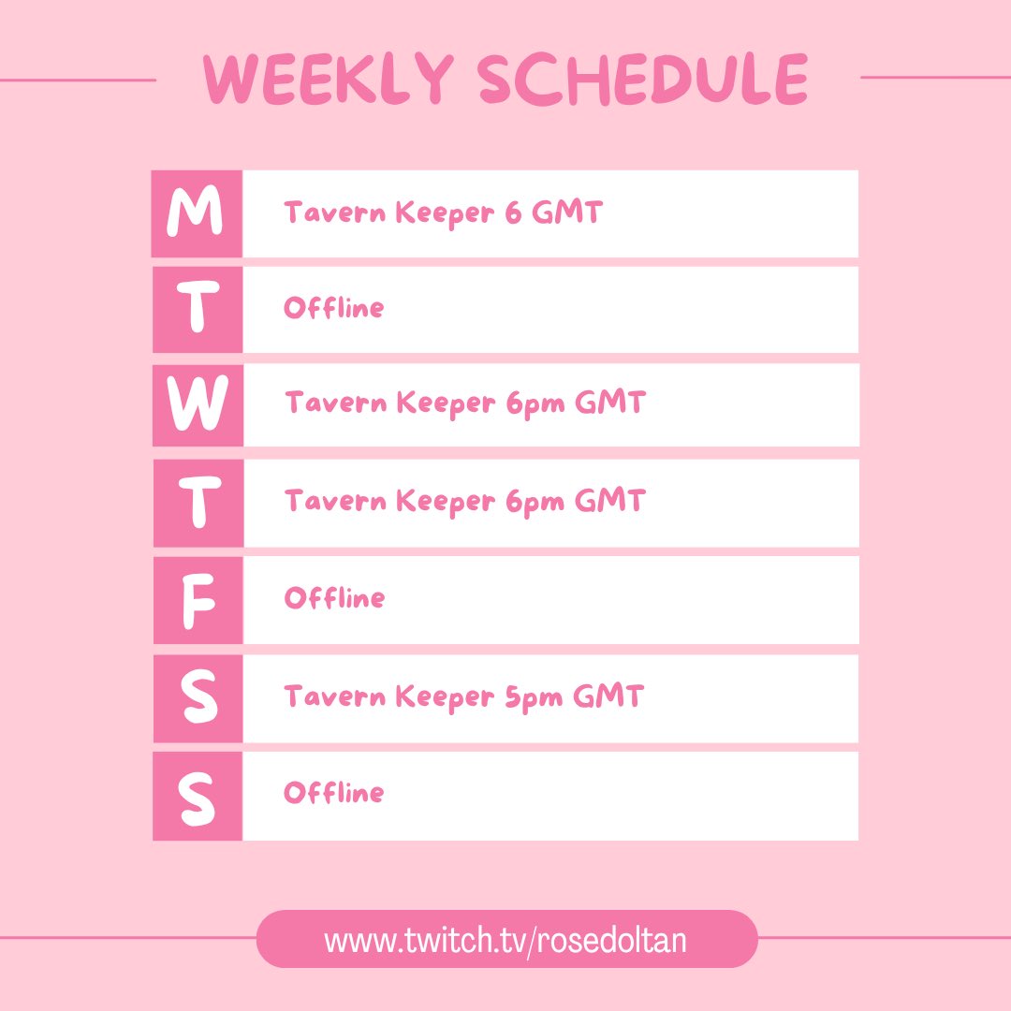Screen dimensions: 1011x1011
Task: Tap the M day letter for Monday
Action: point(196,213)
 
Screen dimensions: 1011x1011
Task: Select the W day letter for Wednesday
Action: point(197,405)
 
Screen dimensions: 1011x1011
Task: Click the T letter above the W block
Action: point(198,310)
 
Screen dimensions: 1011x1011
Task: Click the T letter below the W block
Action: point(198,503)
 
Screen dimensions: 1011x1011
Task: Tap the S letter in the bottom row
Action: point(198,796)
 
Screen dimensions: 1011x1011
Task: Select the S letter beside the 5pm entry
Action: point(198,698)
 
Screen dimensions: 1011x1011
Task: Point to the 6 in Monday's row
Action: point(513,213)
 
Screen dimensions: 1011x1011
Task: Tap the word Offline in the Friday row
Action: point(334,598)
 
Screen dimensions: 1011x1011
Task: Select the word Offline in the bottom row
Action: point(334,793)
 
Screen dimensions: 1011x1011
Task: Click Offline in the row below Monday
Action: point(334,308)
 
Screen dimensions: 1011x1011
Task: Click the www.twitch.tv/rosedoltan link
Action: point(505,940)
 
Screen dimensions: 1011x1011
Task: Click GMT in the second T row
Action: point(609,501)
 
